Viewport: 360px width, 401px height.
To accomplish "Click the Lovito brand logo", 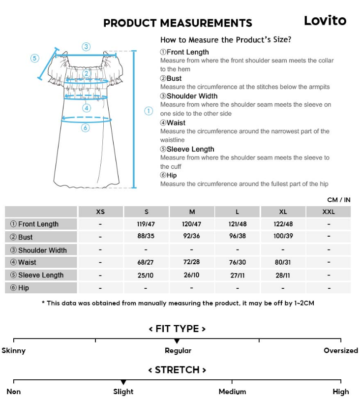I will click(x=325, y=21).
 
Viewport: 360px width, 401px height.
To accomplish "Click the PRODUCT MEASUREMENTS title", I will click(x=178, y=23).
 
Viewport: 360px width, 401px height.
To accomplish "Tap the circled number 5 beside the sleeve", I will click(x=34, y=58).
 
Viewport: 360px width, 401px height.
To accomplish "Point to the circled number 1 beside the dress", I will click(x=149, y=111).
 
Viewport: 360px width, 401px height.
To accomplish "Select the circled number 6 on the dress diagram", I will click(x=85, y=128).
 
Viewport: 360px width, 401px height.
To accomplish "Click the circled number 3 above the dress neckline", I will click(x=86, y=47).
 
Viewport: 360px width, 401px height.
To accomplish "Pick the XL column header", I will click(x=283, y=212).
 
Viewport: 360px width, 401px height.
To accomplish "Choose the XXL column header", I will click(x=329, y=212).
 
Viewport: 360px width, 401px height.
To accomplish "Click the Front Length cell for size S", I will click(x=146, y=224).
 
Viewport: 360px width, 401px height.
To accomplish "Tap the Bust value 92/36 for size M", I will click(x=192, y=236).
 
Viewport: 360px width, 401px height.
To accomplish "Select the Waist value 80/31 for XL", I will click(x=283, y=262).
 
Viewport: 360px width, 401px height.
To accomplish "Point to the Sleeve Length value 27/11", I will click(x=237, y=275).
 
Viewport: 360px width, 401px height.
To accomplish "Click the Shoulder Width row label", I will click(x=42, y=250).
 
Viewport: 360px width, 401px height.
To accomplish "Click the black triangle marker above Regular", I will click(x=177, y=341).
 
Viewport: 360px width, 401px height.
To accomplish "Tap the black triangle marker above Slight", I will click(x=123, y=382).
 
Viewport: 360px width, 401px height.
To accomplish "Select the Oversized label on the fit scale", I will click(x=340, y=351).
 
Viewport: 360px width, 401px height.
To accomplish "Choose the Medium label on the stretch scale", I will click(x=232, y=392).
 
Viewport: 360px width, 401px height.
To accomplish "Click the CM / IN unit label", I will click(x=338, y=200).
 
